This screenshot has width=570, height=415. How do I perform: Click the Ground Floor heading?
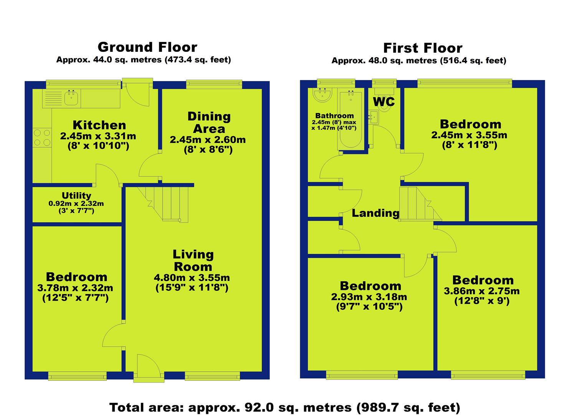(x=147, y=47)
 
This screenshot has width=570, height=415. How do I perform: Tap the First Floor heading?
(x=423, y=48)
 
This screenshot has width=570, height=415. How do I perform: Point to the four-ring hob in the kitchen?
(x=42, y=138)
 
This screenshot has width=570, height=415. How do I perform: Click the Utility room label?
(x=76, y=196)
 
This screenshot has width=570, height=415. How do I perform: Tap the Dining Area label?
(x=209, y=123)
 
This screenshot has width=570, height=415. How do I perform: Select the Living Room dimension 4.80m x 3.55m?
(x=192, y=277)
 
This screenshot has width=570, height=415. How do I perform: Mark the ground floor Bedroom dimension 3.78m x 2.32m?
(x=75, y=288)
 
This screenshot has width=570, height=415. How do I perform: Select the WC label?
(x=384, y=102)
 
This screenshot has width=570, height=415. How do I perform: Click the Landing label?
(x=375, y=213)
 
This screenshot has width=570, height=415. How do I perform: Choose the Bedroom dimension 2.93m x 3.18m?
(x=369, y=297)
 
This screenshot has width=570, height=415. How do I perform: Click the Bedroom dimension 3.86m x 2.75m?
(x=482, y=291)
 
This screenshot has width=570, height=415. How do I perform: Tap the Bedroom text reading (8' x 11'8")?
(x=469, y=145)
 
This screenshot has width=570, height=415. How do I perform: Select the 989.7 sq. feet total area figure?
(x=408, y=407)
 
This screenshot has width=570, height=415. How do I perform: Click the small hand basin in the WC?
(x=373, y=117)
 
